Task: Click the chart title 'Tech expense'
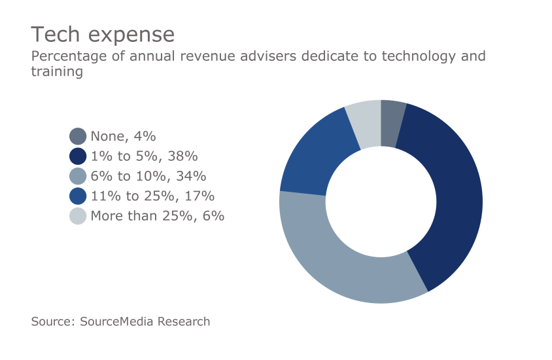pyautogui.click(x=103, y=34)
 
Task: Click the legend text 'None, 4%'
pyautogui.click(x=123, y=136)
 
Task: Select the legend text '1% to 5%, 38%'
pyautogui.click(x=144, y=156)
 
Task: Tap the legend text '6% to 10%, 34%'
pyautogui.click(x=148, y=176)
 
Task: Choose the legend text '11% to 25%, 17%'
pyautogui.click(x=152, y=196)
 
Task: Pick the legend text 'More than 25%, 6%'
pyautogui.click(x=157, y=215)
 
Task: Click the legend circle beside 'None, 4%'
pyautogui.click(x=78, y=136)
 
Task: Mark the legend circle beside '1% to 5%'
pyautogui.click(x=78, y=156)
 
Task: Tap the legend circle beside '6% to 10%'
pyautogui.click(x=78, y=176)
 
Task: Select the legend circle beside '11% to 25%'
pyautogui.click(x=78, y=196)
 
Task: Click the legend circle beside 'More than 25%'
pyautogui.click(x=78, y=215)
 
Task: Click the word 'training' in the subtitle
pyautogui.click(x=57, y=72)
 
